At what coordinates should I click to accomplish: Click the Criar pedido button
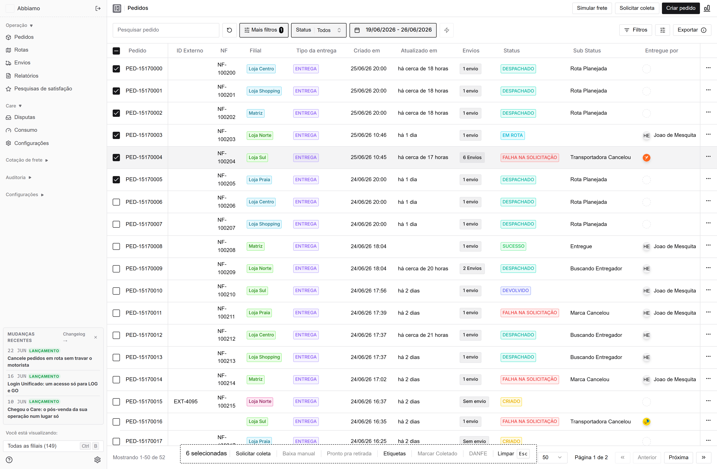[681, 8]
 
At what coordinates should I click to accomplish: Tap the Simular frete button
[592, 8]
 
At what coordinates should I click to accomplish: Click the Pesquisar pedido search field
[166, 30]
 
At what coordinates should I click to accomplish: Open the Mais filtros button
[264, 30]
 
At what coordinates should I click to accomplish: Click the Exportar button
[692, 30]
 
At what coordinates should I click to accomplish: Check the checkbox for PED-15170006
[116, 202]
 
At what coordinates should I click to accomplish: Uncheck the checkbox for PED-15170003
[116, 135]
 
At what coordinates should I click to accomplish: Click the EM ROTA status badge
[512, 135]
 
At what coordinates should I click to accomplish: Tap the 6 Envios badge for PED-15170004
[472, 158]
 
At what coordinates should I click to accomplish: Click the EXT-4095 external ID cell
[186, 402]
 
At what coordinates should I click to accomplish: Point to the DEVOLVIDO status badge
[516, 291]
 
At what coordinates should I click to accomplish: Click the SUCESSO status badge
[513, 246]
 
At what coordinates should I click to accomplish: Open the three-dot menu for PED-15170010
[708, 290]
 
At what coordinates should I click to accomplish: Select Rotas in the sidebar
[21, 50]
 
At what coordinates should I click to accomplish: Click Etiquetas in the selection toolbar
[394, 454]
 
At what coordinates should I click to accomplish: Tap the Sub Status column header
[587, 51]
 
